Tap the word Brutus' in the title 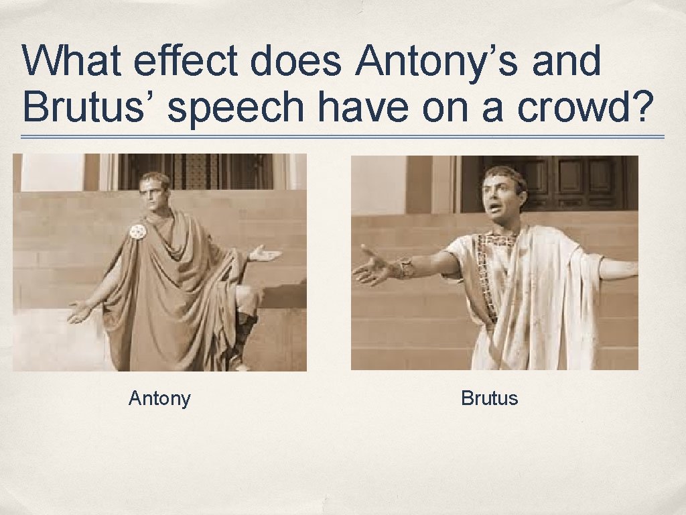pos(89,107)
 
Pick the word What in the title pos(73,62)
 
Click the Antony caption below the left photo pos(159,398)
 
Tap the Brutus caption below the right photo pos(489,398)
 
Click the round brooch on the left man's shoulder pos(138,232)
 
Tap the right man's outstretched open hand pos(372,269)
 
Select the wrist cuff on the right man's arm pos(405,268)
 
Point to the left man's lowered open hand pos(78,311)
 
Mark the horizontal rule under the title pos(342,137)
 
